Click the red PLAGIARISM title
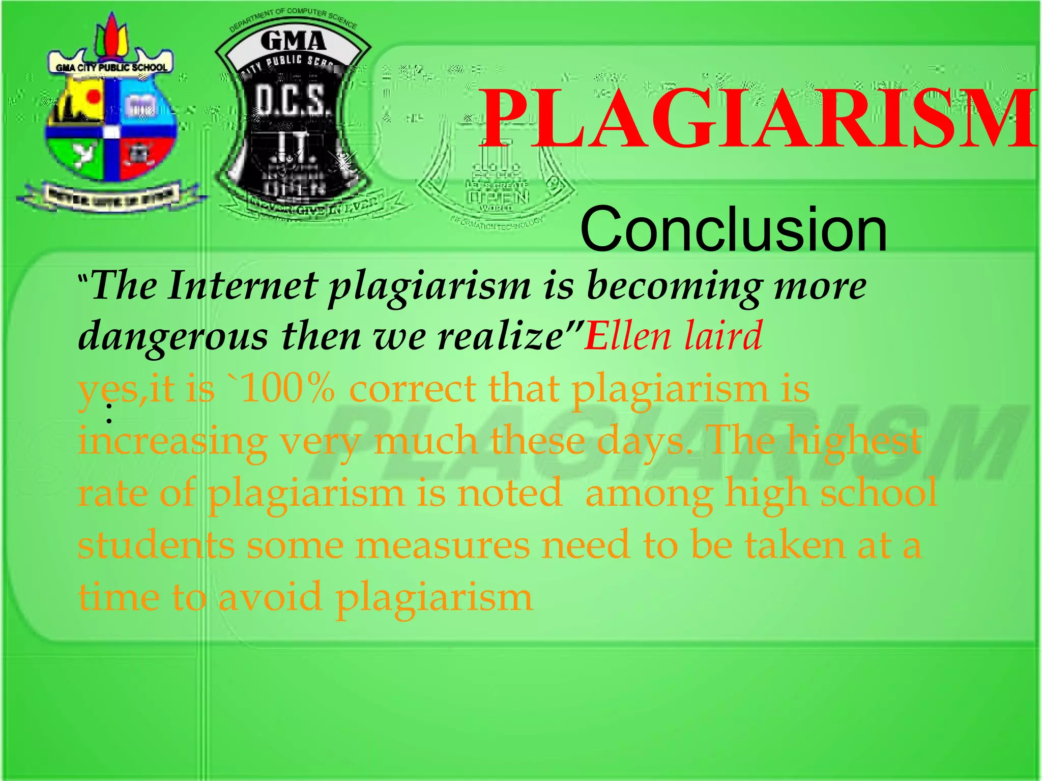(x=758, y=119)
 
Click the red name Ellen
(x=628, y=336)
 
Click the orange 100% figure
(x=288, y=389)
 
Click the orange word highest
(x=855, y=441)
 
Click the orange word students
(x=156, y=545)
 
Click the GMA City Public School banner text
(x=111, y=67)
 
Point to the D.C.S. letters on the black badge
(x=288, y=101)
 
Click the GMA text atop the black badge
(x=293, y=41)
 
